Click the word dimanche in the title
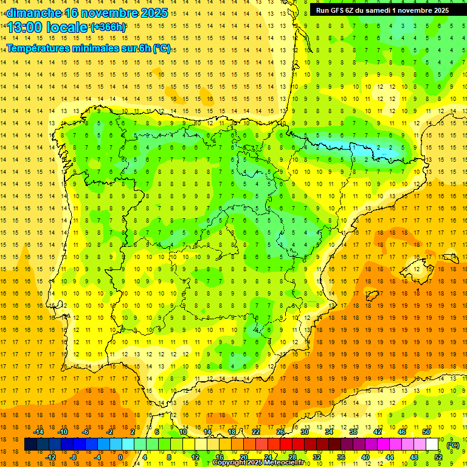33,13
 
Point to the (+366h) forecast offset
108,27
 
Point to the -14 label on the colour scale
39,432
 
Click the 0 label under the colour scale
120,457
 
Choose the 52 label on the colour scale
438,457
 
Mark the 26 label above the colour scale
280,432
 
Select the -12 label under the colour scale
51,457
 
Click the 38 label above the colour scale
353,432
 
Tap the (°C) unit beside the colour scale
452,445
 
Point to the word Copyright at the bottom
229,463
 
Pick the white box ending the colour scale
432,445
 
